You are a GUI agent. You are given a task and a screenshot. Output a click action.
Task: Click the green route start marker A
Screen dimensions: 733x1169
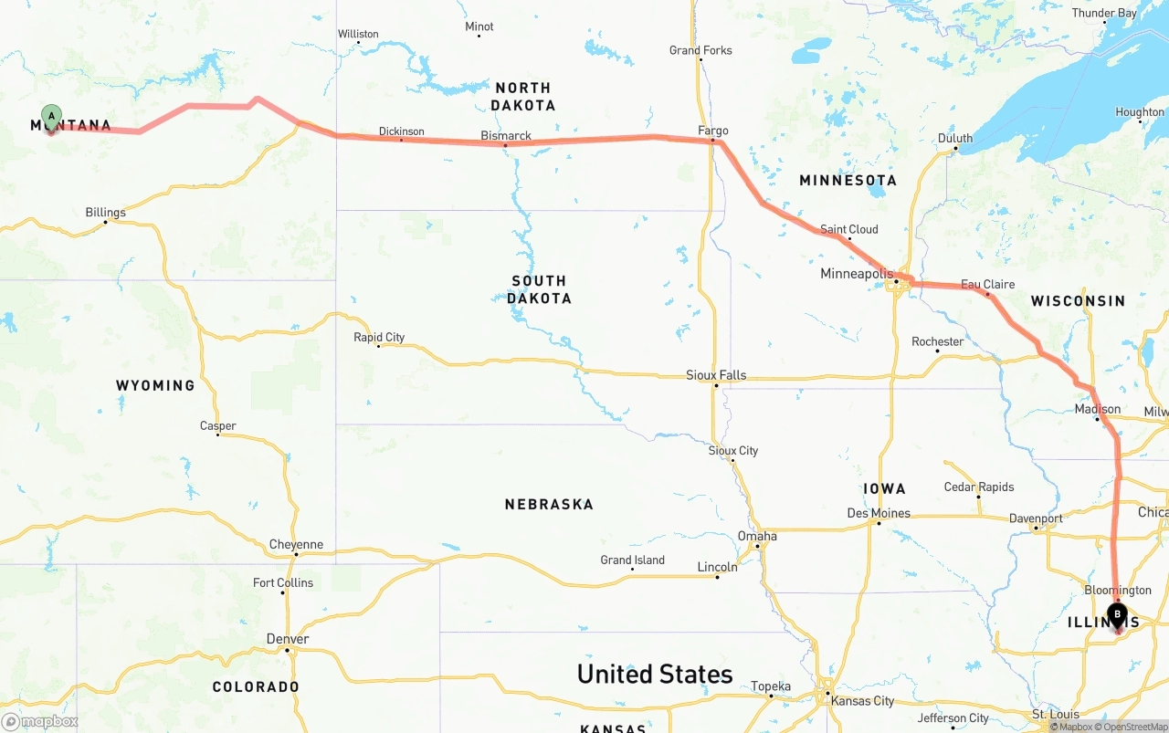(52, 117)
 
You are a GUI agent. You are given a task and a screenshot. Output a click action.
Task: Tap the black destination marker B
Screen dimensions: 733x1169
(1117, 614)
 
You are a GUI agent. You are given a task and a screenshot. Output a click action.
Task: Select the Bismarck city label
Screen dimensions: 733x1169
(506, 136)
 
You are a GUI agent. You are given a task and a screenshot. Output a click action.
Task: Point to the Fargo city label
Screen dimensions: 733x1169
(713, 131)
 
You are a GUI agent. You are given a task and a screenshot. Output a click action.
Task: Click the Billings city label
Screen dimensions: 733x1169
(106, 213)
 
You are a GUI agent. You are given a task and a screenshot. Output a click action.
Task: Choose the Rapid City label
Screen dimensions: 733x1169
(379, 338)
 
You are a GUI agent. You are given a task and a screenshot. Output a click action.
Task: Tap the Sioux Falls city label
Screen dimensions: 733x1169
(716, 375)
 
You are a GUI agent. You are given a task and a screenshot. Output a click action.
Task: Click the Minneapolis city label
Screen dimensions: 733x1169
(857, 274)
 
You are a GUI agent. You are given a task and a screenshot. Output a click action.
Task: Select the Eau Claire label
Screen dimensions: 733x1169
(987, 285)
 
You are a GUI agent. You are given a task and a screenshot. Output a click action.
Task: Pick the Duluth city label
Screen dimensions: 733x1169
(955, 139)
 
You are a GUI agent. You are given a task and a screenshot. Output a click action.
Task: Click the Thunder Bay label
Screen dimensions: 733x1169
(1104, 13)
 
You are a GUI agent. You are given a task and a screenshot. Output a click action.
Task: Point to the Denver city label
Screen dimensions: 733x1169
(288, 639)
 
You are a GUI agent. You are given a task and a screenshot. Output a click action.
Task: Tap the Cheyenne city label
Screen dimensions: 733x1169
(296, 545)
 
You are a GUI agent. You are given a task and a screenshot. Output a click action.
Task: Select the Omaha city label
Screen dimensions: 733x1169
(758, 536)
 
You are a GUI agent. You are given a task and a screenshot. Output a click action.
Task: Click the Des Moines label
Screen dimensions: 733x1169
(879, 513)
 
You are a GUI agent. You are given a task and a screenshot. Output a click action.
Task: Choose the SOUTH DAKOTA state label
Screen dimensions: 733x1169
(539, 289)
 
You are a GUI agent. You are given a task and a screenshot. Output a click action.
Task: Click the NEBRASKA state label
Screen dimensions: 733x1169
(549, 504)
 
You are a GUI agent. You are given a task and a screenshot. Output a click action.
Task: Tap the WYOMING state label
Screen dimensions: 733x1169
(155, 385)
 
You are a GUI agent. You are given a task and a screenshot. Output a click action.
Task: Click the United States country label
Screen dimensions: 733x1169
(655, 674)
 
